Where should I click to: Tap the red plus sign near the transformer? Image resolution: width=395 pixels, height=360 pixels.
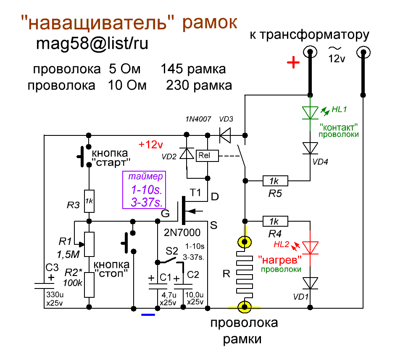tap(293, 64)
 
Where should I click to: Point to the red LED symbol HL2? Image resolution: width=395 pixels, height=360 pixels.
tap(310, 247)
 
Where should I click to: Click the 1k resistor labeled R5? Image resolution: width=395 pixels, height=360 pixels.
tap(275, 181)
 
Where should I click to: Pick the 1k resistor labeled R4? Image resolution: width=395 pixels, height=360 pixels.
tap(275, 221)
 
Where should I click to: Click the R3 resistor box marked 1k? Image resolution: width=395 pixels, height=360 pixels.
tap(89, 201)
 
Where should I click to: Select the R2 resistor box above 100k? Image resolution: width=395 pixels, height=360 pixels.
tap(89, 285)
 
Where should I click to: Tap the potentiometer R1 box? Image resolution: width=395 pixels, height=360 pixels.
tap(89, 244)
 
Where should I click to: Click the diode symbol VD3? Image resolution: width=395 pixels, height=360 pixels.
tap(226, 135)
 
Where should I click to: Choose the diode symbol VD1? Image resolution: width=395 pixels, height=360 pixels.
tap(310, 283)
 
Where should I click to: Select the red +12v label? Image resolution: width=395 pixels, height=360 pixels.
tap(150, 145)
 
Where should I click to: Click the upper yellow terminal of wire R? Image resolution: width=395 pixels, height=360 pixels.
tap(244, 242)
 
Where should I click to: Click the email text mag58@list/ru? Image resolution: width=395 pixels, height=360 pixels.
tap(92, 43)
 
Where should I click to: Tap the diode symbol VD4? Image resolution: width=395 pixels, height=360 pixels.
tap(310, 148)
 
